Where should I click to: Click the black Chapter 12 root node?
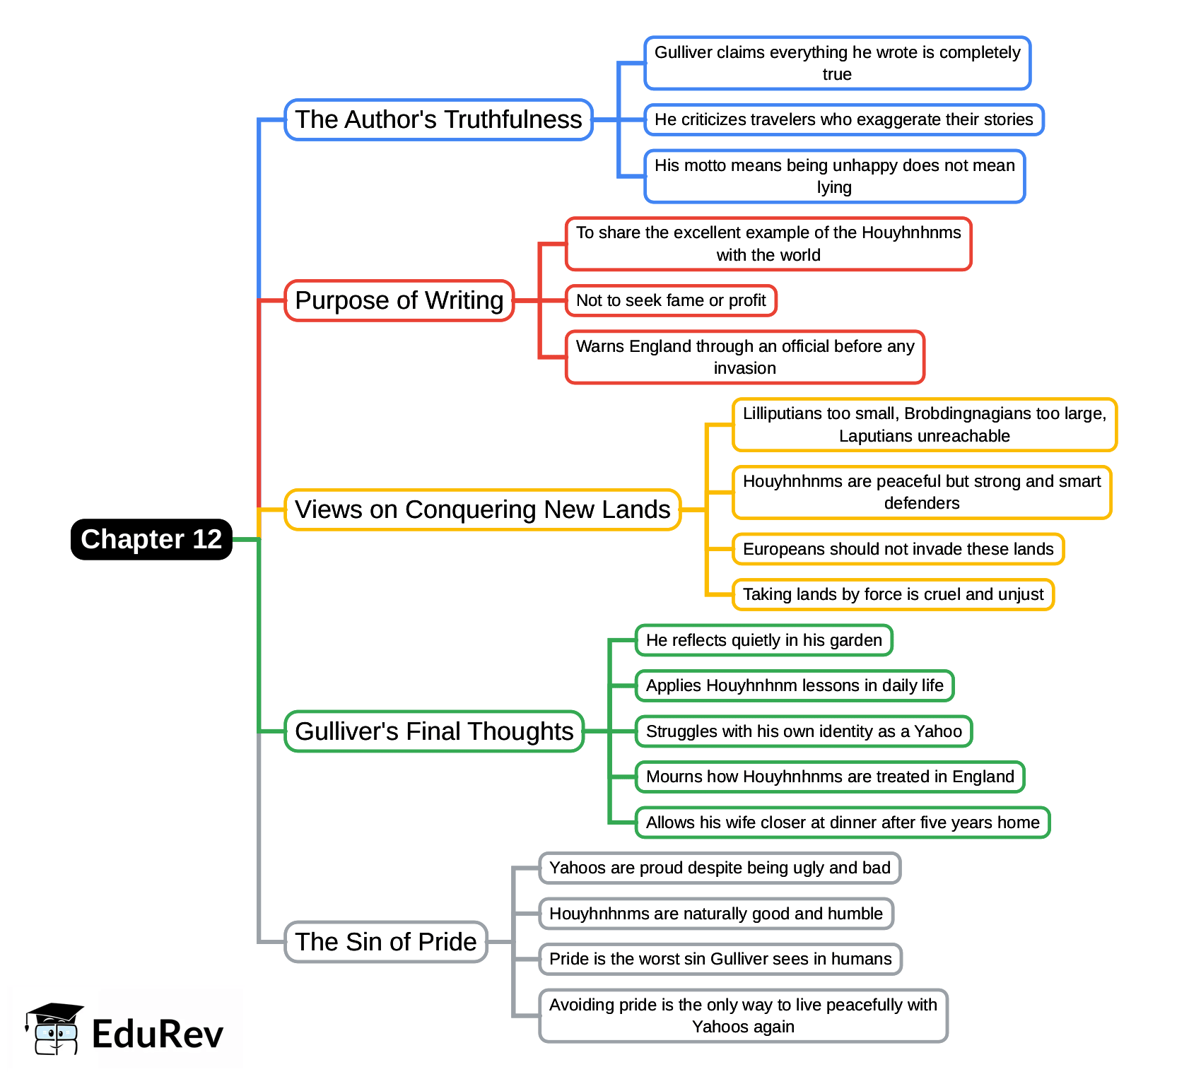pos(151,539)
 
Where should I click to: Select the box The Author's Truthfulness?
pos(438,119)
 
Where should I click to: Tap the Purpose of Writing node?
pos(399,300)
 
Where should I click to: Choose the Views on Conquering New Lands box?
pos(482,509)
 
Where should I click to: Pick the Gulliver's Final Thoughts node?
pos(434,731)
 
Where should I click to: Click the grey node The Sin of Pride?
pos(386,942)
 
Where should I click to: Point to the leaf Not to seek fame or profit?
pos(671,300)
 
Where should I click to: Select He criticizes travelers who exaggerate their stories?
pos(843,119)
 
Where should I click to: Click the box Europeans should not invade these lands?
pos(898,549)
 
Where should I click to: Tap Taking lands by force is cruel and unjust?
pos(893,594)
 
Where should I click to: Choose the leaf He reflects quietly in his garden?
pos(763,640)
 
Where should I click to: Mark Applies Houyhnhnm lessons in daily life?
pos(795,685)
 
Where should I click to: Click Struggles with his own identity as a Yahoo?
pos(804,731)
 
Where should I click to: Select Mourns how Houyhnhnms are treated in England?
pos(830,777)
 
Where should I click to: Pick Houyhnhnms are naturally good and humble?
pos(716,914)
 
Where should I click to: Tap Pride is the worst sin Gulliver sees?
pos(720,959)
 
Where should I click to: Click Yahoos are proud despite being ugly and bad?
pos(720,868)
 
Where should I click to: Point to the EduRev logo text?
pos(157,1034)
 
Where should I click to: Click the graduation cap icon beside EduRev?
pos(54,1029)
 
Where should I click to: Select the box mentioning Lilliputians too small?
pos(924,425)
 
